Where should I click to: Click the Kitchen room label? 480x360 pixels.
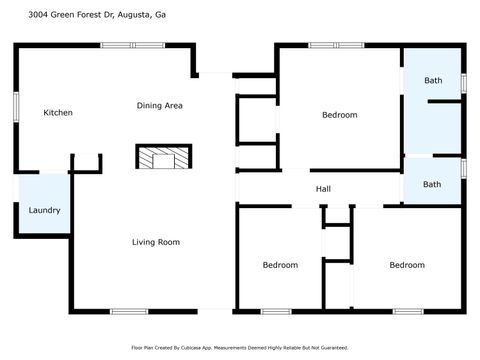tap(58, 113)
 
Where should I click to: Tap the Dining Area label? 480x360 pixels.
tap(160, 105)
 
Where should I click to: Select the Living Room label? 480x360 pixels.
tap(156, 242)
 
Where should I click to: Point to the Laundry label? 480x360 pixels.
tap(44, 210)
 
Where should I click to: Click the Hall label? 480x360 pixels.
tap(323, 188)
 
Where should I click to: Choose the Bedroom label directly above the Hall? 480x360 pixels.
tap(339, 115)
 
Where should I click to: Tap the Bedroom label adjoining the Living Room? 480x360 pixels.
tap(280, 265)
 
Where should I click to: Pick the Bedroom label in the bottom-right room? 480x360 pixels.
tap(407, 265)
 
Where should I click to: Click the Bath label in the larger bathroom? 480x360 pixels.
tap(432, 80)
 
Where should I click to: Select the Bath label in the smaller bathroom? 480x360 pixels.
tap(432, 184)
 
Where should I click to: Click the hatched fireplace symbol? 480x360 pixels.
tap(161, 158)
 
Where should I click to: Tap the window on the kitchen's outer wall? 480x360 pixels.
tap(14, 108)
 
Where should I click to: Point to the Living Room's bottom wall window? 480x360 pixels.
tap(129, 311)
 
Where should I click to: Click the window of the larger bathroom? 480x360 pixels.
tap(463, 81)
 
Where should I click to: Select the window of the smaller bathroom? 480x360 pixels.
tap(463, 167)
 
